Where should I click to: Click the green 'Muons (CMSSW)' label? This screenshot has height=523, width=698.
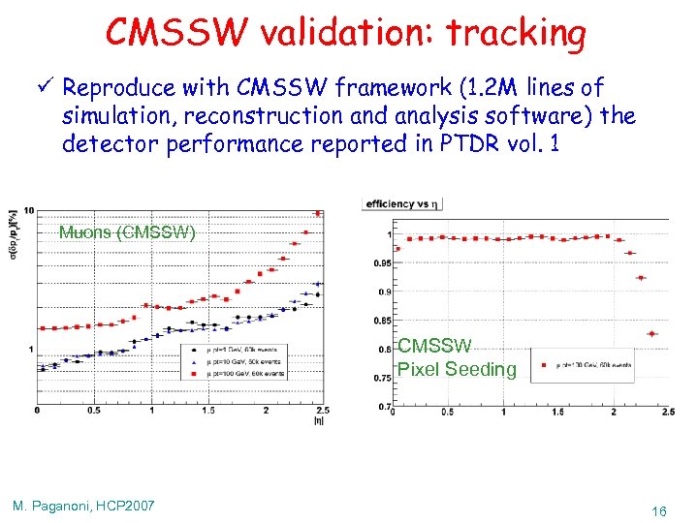(127, 232)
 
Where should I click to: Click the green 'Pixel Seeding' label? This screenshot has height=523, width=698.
(457, 369)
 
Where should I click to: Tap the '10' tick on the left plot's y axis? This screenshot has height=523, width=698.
(30, 211)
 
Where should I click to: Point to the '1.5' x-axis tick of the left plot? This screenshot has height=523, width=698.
(207, 411)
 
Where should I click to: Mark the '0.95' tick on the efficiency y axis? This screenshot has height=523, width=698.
(385, 262)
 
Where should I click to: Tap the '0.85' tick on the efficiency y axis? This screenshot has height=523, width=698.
(385, 320)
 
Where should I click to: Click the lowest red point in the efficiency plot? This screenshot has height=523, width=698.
(651, 333)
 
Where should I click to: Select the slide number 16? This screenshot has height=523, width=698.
(658, 509)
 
